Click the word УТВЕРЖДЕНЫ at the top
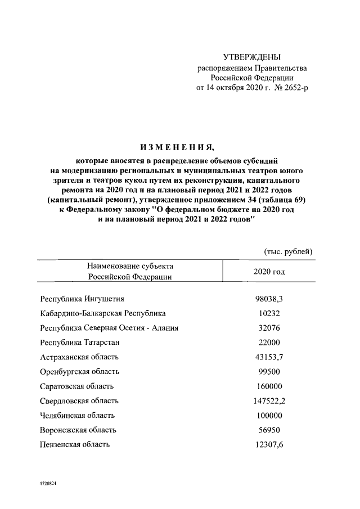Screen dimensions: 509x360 251,57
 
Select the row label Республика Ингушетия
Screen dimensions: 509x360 82,299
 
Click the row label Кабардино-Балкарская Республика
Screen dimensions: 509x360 103,313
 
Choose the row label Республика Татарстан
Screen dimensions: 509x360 80,343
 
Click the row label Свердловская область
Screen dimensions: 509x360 79,401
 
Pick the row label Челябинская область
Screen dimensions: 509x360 78,416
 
